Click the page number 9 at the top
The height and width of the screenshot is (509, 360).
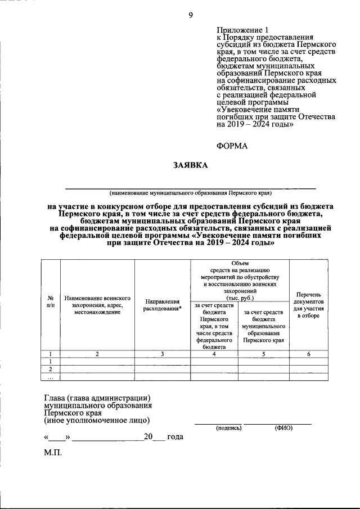coord(191,15)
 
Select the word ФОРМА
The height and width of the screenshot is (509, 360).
coord(232,146)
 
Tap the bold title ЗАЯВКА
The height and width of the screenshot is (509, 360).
coord(190,165)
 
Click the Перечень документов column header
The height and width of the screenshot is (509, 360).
coord(308,304)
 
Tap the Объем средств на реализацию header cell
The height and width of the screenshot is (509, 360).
coord(240,280)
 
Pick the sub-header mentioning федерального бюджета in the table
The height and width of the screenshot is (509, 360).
coord(215,326)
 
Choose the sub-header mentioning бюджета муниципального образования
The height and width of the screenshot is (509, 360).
coord(263,326)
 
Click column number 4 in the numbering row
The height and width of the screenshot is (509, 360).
coord(215,354)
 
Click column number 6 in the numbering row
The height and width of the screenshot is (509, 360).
coord(308,354)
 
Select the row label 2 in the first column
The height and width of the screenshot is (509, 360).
coord(51,369)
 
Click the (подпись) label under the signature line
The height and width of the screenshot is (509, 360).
coord(228,428)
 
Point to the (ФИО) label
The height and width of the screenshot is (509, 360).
coord(284,428)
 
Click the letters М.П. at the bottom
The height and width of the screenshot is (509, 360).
coord(54,453)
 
